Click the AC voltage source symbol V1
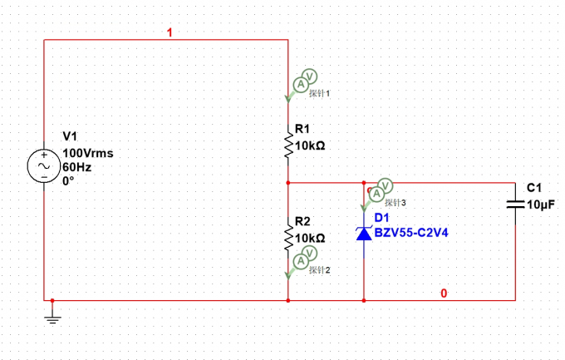pos(44,166)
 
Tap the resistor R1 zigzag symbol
pos(288,145)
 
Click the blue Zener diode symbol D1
pos(364,233)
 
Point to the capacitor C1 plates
pos(516,205)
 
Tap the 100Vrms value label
pos(88,153)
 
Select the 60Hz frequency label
pos(76,167)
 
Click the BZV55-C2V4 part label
pos(411,233)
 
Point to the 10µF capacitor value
pos(541,205)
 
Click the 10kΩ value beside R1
pos(310,145)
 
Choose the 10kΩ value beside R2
pos(310,238)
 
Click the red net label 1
pos(169,32)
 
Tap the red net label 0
pos(444,293)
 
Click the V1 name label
pos(70,136)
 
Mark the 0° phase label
pos(68,180)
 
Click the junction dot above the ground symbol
pos(52,300)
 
